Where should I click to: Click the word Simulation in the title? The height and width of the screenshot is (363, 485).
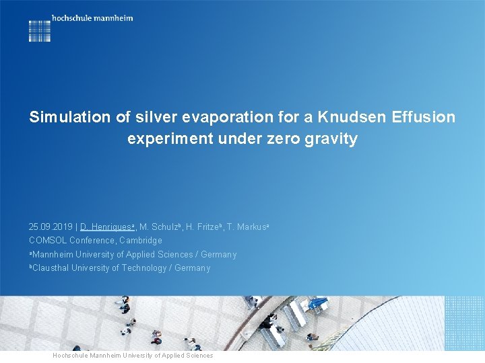coord(69,117)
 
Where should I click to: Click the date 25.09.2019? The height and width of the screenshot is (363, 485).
coord(51,227)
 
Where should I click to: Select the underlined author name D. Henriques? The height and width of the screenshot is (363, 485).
coord(106,227)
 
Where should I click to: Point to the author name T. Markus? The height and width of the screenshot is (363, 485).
coord(247,227)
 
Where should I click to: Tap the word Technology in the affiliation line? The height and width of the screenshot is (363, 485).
coord(143,268)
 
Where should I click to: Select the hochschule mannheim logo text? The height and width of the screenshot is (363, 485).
coord(92,18)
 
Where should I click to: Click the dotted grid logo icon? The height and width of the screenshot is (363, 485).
coord(40,31)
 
